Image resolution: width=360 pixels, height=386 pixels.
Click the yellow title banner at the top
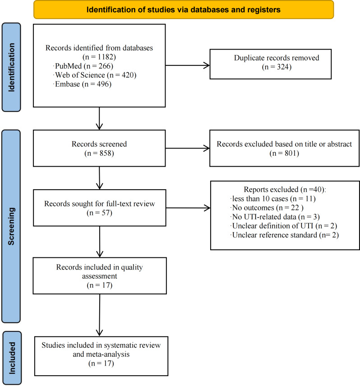click(184, 9)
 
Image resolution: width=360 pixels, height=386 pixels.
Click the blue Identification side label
click(11, 67)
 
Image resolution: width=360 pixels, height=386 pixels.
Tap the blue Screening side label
click(11, 226)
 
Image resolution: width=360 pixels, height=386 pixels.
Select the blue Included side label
click(12, 358)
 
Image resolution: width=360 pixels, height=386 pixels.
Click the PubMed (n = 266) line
click(83, 66)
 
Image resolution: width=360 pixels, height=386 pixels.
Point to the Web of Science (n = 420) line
click(94, 75)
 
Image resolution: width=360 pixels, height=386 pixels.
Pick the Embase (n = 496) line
click(82, 84)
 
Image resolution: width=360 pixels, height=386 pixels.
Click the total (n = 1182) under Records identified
click(99, 57)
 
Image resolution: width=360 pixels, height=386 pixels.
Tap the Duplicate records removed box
click(270, 64)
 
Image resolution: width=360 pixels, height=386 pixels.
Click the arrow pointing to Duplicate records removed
click(188, 65)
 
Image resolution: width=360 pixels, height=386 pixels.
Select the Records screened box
click(99, 148)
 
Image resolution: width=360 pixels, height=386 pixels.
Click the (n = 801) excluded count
click(284, 153)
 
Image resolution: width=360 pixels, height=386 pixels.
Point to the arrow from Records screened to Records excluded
click(188, 148)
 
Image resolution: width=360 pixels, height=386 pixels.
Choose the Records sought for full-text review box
click(99, 208)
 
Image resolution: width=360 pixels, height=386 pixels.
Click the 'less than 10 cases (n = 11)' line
click(273, 199)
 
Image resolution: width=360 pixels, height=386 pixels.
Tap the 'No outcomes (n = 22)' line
click(267, 208)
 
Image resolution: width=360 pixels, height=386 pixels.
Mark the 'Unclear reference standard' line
click(285, 235)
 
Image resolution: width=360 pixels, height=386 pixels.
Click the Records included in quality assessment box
click(100, 276)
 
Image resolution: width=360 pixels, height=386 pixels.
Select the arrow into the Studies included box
click(100, 315)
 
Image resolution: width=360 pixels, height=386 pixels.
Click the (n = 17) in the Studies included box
click(101, 363)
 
